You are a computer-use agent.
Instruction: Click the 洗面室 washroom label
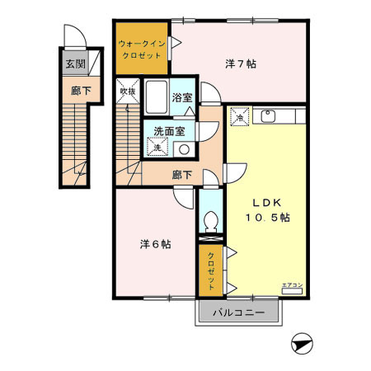(x=169, y=130)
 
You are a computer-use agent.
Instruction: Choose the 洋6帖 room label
(x=155, y=244)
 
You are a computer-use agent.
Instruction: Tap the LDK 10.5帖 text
(x=266, y=209)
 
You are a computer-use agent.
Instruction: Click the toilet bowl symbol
(x=211, y=221)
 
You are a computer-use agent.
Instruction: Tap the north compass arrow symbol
(x=303, y=343)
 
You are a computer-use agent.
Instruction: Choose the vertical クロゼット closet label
(x=211, y=269)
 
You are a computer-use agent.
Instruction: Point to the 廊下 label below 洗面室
(x=182, y=174)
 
